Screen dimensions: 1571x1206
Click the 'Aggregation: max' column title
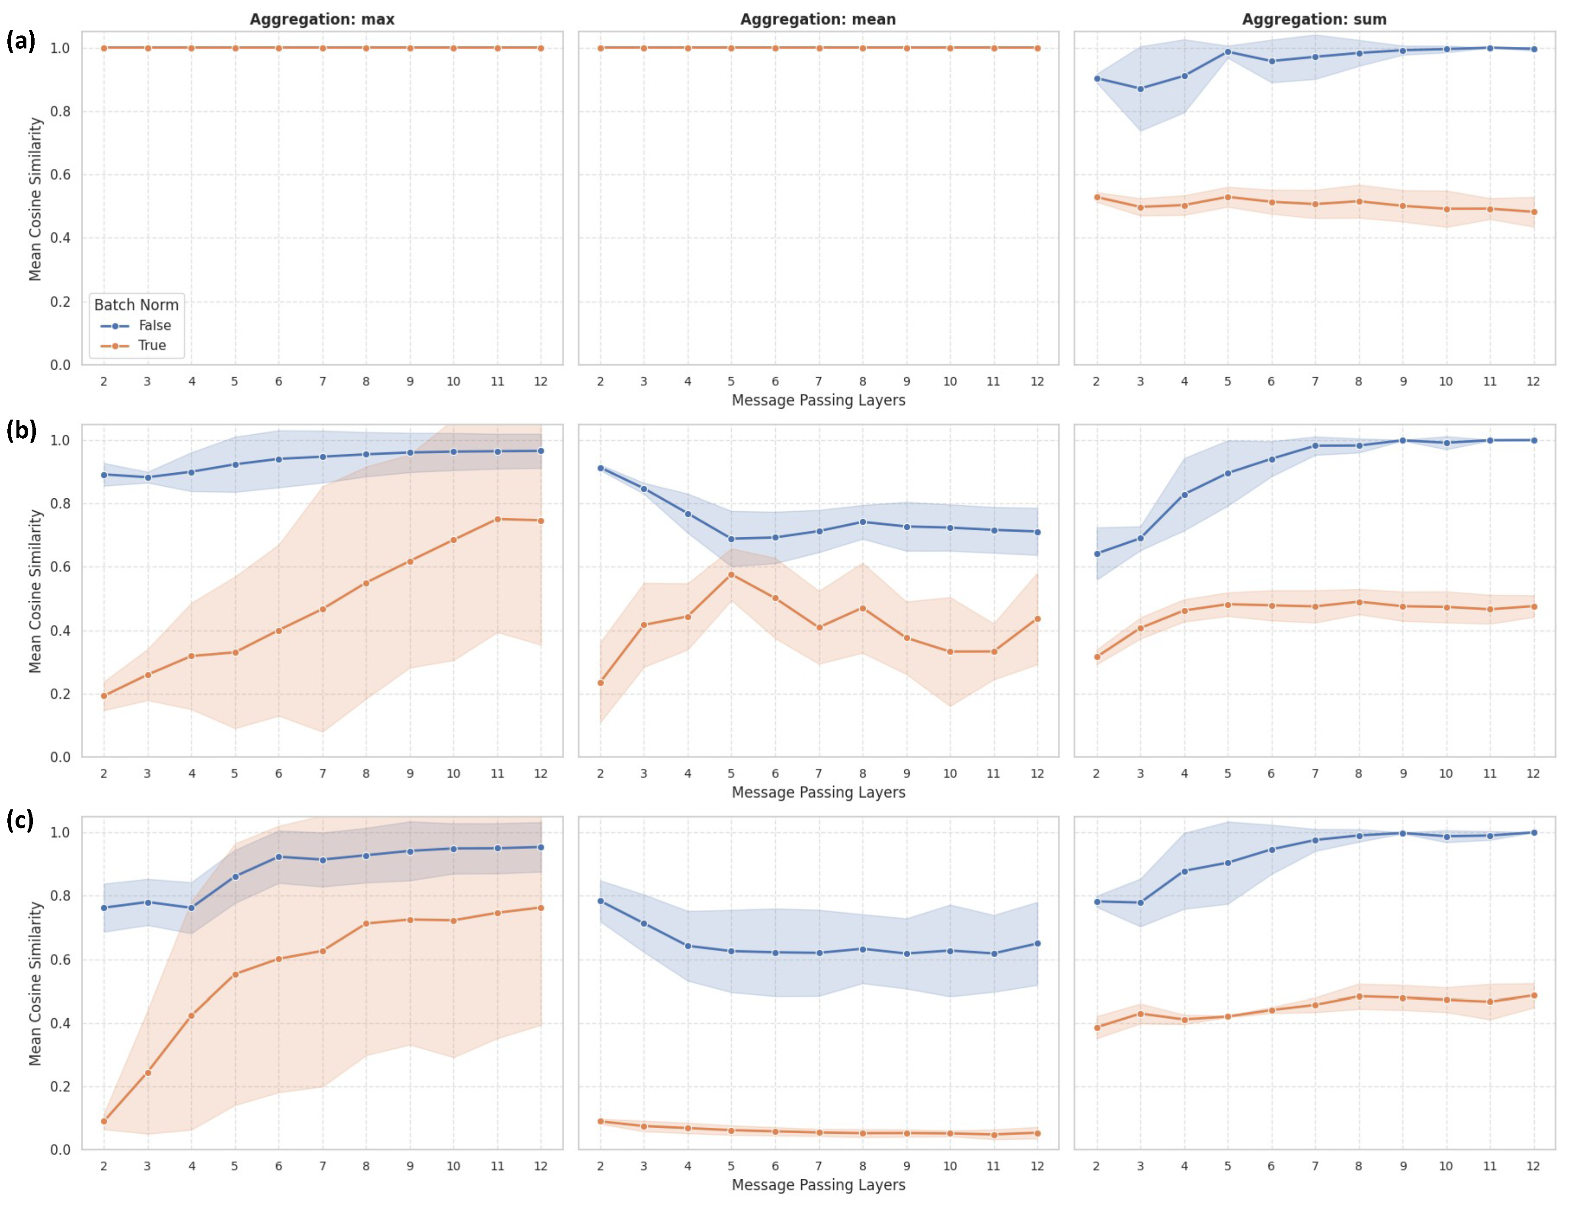point(322,19)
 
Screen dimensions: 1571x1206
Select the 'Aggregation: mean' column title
point(818,19)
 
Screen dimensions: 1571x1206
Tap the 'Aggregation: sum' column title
point(1314,19)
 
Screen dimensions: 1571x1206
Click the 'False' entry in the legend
point(155,325)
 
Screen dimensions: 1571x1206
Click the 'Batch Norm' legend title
point(136,305)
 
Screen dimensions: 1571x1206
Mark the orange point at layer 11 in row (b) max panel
point(497,519)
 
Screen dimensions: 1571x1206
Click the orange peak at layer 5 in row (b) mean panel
point(731,574)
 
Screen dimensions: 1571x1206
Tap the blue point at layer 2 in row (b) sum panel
point(1097,553)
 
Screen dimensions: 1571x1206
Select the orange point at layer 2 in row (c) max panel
point(104,1121)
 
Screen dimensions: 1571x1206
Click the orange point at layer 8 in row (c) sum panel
point(1359,996)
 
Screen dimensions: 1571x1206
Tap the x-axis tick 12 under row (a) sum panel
point(1533,381)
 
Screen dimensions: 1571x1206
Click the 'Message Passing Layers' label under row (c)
point(818,1185)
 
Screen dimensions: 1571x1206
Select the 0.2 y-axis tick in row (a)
point(60,301)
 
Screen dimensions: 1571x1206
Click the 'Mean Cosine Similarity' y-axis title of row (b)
point(35,591)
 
